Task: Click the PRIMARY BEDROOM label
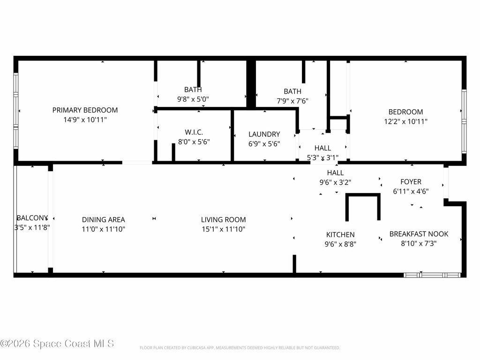point(85,110)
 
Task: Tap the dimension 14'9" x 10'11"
point(85,120)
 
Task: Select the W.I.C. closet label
point(193,132)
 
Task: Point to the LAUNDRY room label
point(264,134)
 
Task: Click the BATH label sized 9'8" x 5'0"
point(193,90)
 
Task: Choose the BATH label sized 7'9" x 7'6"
point(292,91)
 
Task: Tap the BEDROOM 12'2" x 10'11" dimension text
point(405,121)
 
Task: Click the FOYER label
point(411,182)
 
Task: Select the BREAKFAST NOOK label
point(419,234)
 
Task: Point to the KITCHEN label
point(340,234)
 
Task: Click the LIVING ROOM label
point(223,219)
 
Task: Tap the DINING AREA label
point(104,219)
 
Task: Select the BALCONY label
point(32,218)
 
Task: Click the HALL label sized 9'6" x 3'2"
point(335,173)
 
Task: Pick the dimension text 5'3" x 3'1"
point(322,158)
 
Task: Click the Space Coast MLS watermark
point(57,344)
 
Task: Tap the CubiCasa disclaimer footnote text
point(240,348)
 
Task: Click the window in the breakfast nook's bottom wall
point(432,275)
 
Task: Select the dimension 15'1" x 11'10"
point(223,229)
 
